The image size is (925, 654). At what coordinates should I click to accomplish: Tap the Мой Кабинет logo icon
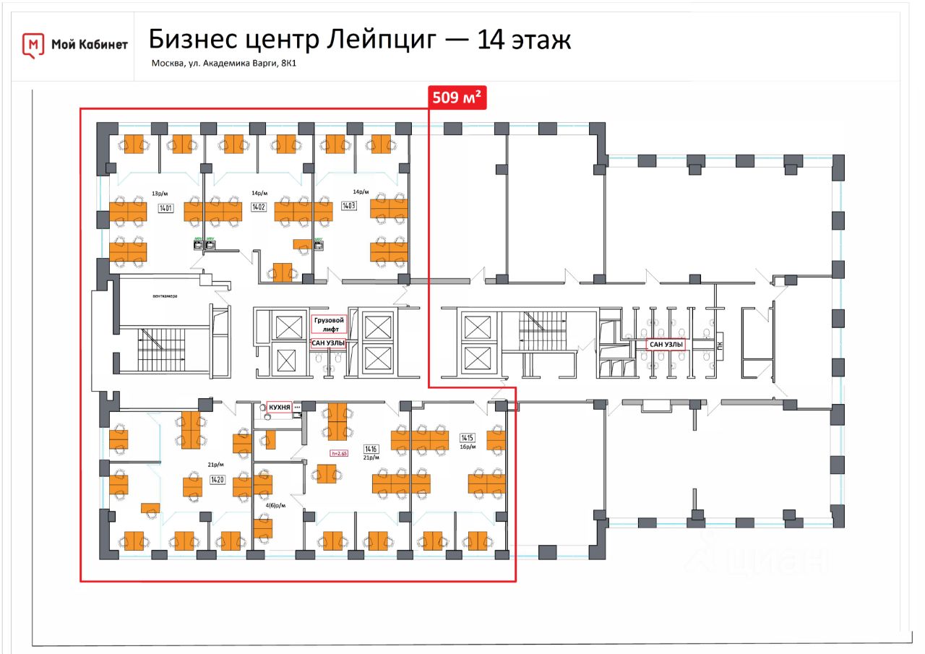(33, 45)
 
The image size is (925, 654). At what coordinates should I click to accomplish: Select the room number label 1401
(166, 207)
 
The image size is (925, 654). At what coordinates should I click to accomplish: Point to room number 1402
(258, 207)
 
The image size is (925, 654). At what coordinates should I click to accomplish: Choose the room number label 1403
(349, 205)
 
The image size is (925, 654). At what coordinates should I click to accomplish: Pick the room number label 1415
(467, 437)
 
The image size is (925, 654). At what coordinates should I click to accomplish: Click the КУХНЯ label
(279, 408)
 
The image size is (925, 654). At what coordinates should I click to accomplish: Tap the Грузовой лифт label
(329, 323)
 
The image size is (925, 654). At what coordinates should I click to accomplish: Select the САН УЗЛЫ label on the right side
(666, 345)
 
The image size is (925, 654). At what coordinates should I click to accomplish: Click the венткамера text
(165, 296)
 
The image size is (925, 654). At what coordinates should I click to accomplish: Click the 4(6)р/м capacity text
(276, 506)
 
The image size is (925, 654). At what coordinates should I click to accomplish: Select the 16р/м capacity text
(468, 447)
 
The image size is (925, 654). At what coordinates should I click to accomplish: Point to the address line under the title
(224, 64)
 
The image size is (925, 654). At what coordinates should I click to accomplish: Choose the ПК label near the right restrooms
(720, 346)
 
